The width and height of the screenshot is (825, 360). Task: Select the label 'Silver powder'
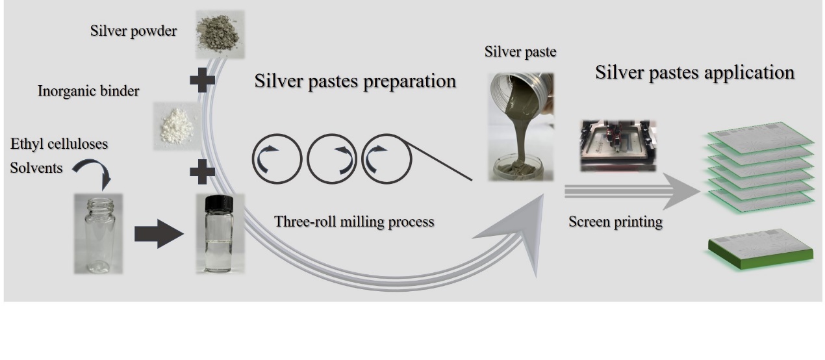(134, 31)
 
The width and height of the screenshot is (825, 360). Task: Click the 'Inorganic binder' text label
(88, 91)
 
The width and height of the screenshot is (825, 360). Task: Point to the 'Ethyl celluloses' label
(59, 144)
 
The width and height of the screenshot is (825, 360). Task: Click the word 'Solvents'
(36, 168)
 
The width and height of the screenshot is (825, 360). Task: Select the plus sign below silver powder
(202, 80)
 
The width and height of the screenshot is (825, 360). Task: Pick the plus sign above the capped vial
(202, 172)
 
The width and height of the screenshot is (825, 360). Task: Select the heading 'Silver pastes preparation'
(355, 82)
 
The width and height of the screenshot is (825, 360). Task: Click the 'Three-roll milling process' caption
(354, 222)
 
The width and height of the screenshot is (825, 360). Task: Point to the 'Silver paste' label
(520, 52)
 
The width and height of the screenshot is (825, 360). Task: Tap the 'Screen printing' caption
(615, 222)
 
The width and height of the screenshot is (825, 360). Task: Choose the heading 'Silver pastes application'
(694, 72)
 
